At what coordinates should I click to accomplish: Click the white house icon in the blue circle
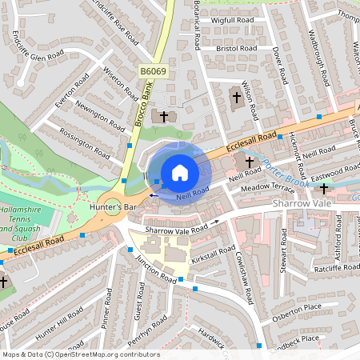point(180,173)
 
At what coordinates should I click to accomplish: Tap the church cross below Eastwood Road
point(323,190)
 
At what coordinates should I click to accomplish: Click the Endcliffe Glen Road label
point(38,47)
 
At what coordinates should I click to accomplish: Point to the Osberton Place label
point(296,307)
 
